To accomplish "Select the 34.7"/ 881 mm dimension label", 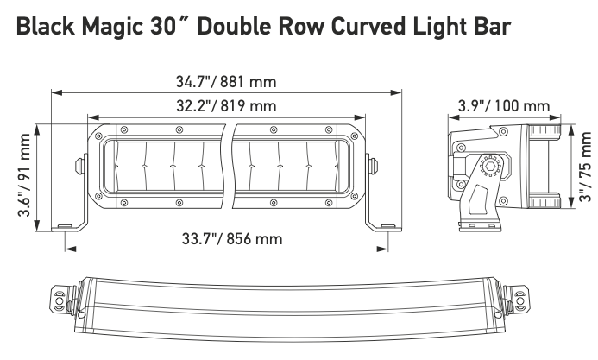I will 225,83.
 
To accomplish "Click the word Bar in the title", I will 494,28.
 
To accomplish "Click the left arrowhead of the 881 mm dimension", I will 54,91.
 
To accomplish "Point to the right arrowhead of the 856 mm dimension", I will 385,248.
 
